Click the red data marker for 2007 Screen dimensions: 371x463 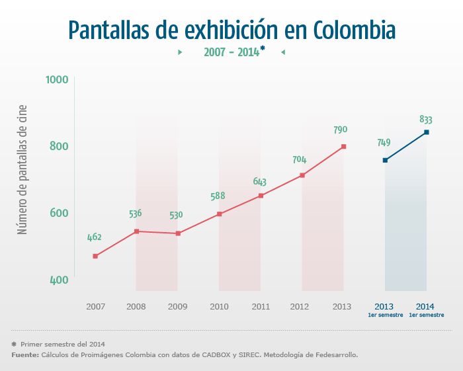[95, 256]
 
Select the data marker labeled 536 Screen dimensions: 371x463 [136, 231]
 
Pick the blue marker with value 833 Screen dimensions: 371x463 [427, 132]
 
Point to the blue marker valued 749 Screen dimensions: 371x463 [385, 160]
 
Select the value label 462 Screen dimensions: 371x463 [95, 237]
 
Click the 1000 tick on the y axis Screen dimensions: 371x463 [58, 80]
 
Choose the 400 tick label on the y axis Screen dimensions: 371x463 [59, 280]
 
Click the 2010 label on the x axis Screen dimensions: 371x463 [219, 307]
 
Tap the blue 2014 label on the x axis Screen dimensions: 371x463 [426, 306]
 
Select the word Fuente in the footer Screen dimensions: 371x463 [24, 355]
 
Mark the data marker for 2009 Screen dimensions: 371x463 [178, 233]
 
